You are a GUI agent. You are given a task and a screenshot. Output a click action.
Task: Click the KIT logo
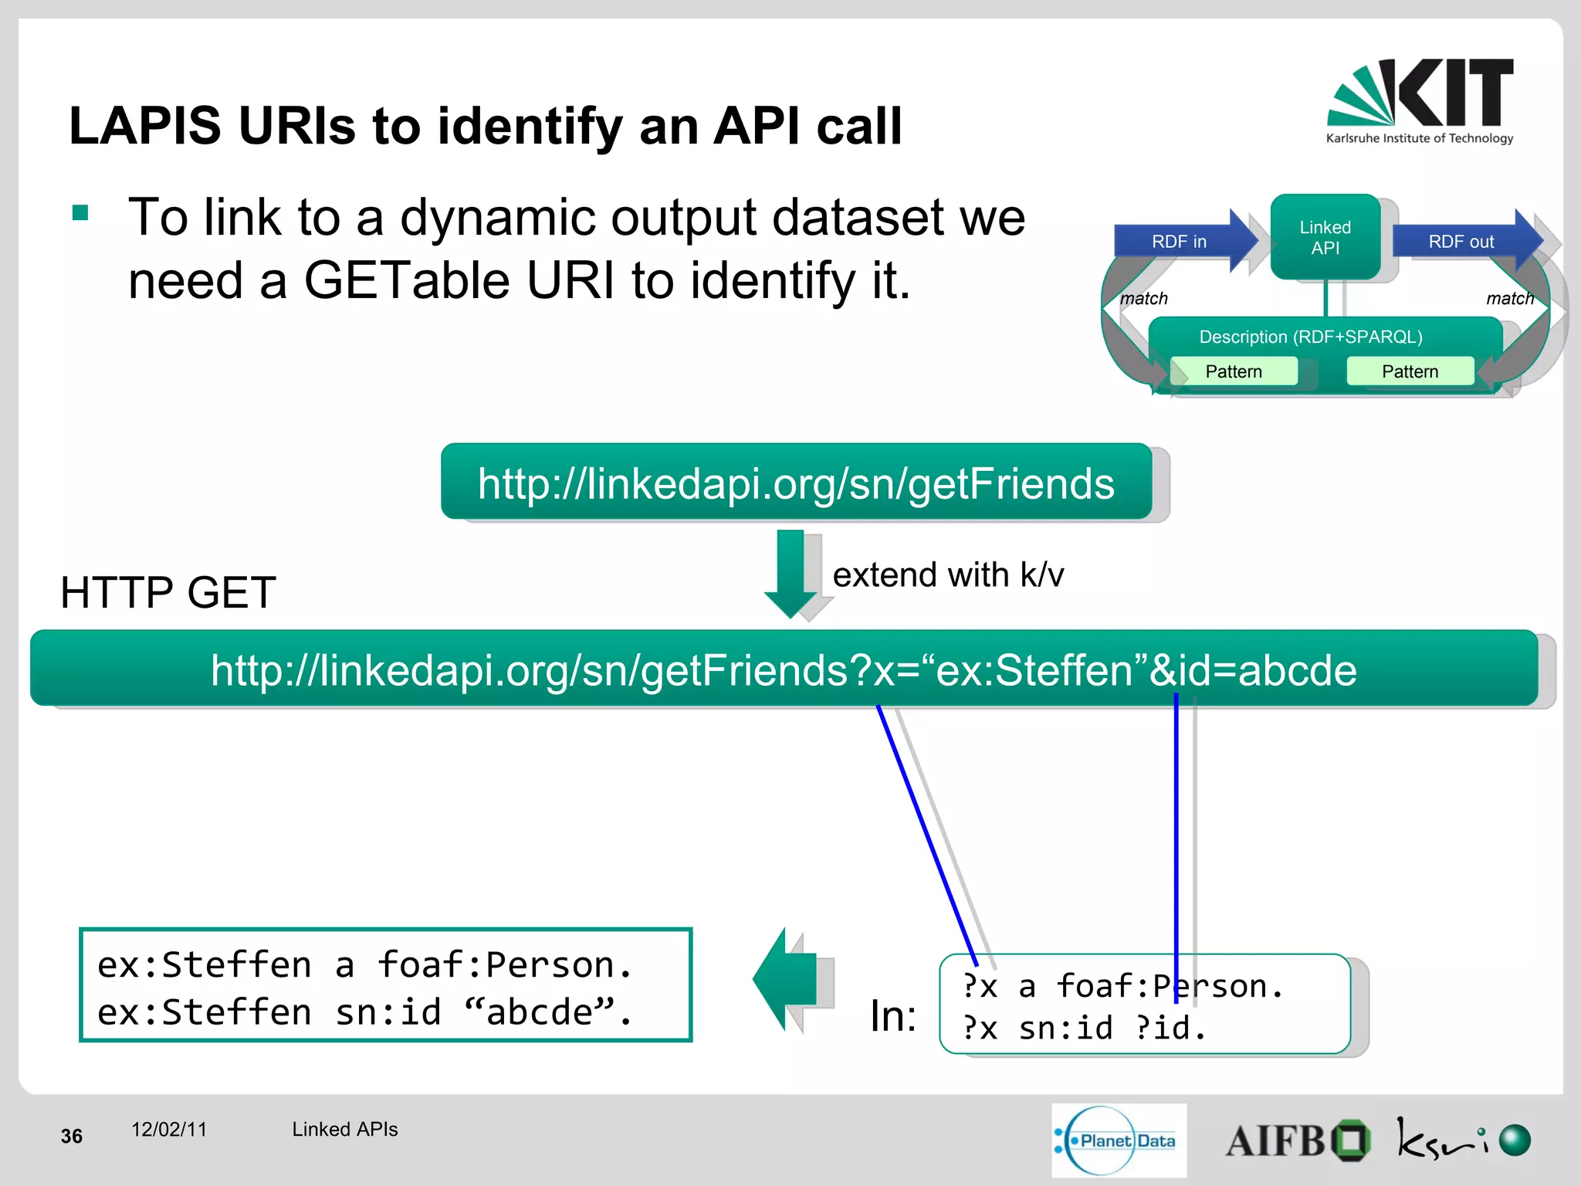pyautogui.click(x=1420, y=100)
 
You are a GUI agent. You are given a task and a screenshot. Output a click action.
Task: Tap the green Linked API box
pyautogui.click(x=1325, y=237)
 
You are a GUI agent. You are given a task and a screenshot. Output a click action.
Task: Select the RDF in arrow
pyautogui.click(x=1181, y=241)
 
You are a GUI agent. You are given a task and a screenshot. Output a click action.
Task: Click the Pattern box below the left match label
pyautogui.click(x=1233, y=371)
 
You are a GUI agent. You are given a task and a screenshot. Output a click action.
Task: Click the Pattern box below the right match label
pyautogui.click(x=1410, y=371)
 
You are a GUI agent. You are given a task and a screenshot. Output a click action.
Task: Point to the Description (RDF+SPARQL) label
pyautogui.click(x=1310, y=337)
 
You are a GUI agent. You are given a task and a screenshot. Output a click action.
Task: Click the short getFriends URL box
pyautogui.click(x=795, y=483)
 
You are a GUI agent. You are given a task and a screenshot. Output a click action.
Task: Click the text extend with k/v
pyautogui.click(x=948, y=575)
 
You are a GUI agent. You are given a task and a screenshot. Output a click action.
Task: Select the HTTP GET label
pyautogui.click(x=168, y=593)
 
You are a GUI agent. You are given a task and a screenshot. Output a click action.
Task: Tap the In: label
pyautogui.click(x=893, y=1016)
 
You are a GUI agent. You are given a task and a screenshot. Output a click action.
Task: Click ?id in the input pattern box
pyautogui.click(x=1163, y=1028)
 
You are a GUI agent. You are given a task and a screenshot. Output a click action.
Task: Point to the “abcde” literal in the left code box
pyautogui.click(x=540, y=1011)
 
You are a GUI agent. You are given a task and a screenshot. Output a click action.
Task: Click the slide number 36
pyautogui.click(x=72, y=1137)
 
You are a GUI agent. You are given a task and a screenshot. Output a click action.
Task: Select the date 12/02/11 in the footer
pyautogui.click(x=169, y=1130)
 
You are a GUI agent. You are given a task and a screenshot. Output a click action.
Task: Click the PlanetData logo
pyautogui.click(x=1119, y=1140)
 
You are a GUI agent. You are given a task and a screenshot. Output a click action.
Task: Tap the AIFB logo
pyautogui.click(x=1297, y=1140)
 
